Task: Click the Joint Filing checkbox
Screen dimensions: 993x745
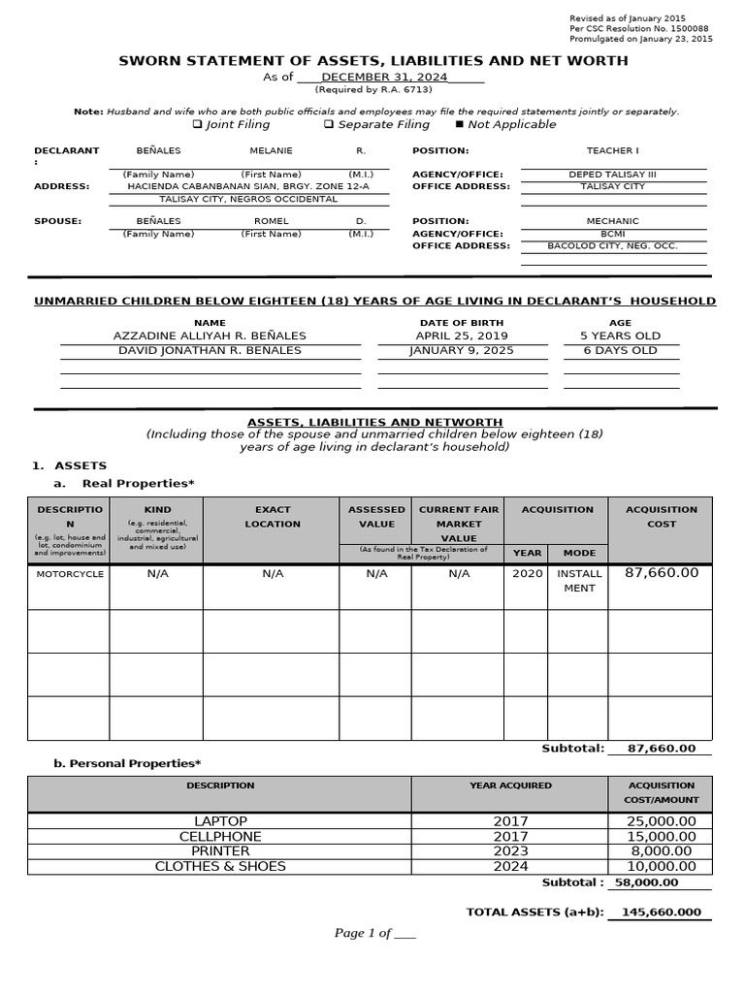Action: point(197,125)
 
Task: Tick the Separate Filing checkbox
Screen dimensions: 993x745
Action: point(329,125)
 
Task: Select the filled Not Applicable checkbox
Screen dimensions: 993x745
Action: point(459,125)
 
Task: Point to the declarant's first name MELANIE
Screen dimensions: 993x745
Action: point(271,151)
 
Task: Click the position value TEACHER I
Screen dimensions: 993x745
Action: point(612,151)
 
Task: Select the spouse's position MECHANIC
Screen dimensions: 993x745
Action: point(612,221)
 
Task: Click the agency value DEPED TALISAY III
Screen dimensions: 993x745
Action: point(612,175)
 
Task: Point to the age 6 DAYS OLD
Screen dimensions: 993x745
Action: point(620,350)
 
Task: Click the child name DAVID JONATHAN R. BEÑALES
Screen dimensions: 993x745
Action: point(210,350)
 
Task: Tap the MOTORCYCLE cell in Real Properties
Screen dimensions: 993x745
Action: point(69,574)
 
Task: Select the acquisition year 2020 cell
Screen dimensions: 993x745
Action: point(527,574)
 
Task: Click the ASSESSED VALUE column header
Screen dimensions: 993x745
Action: point(376,517)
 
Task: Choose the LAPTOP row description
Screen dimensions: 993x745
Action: point(220,821)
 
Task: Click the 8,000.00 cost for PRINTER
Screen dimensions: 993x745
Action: point(661,851)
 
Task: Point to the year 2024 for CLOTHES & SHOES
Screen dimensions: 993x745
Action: point(510,866)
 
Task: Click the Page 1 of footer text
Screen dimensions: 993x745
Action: point(374,933)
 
